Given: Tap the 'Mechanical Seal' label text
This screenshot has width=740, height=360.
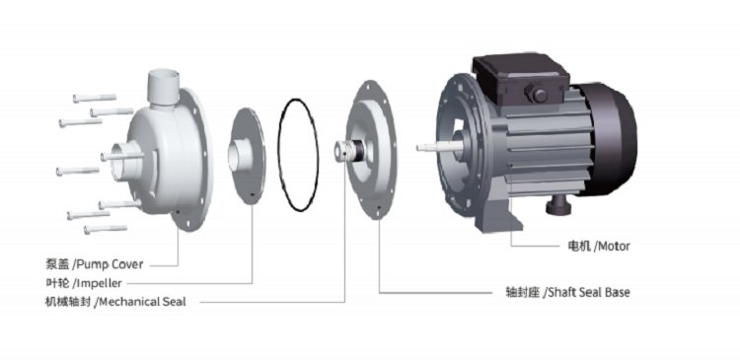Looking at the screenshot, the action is coord(142,302).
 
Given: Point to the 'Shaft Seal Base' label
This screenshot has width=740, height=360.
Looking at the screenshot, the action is coord(588,293).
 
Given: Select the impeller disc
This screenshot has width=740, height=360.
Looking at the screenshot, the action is coord(247,156).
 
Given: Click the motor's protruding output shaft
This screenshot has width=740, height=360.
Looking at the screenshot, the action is coord(439,147).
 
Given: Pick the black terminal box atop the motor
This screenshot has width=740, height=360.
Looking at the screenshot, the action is coord(521,78).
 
